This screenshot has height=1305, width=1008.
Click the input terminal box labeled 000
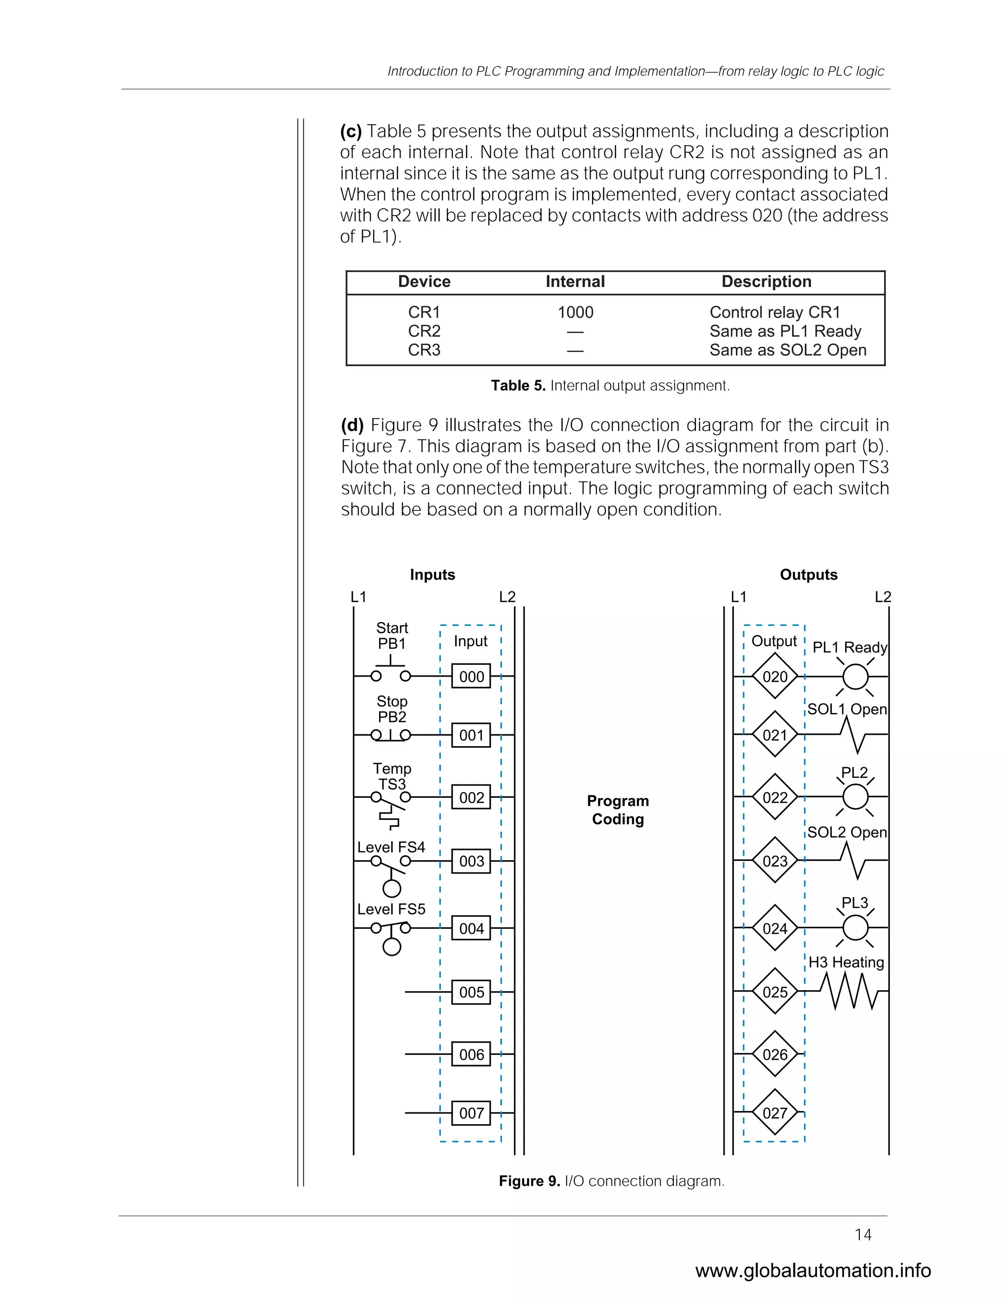[471, 677]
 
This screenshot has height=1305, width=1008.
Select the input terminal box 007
[471, 1113]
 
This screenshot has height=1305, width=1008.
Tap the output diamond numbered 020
[775, 677]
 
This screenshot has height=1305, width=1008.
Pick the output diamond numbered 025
[775, 992]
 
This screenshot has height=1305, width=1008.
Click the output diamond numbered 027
[775, 1113]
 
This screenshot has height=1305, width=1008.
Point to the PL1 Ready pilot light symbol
[855, 677]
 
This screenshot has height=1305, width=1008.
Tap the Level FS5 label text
[391, 909]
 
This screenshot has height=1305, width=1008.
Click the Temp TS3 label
[392, 776]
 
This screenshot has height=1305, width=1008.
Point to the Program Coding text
[618, 810]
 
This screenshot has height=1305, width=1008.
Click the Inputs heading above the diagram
[432, 575]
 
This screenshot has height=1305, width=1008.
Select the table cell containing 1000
[575, 313]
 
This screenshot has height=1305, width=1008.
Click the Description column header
[766, 282]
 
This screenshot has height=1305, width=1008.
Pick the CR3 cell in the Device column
[424, 350]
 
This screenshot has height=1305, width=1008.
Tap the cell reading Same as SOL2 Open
[787, 350]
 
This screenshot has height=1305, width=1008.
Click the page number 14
[863, 1235]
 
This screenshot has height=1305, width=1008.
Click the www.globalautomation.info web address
[813, 1271]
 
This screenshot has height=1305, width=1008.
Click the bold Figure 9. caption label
[529, 1181]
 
